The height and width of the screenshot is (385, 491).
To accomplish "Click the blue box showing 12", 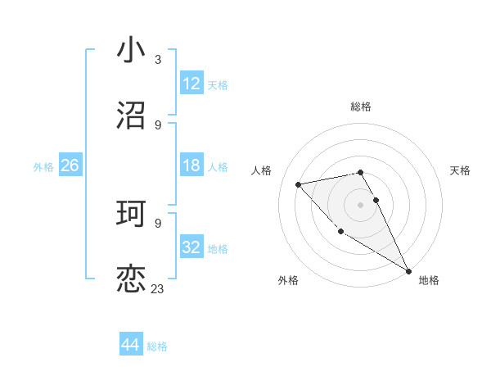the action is pos(191,84).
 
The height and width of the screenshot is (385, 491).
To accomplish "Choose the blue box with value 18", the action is pos(191,165).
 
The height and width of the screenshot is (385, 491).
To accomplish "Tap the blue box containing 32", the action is pos(191,247).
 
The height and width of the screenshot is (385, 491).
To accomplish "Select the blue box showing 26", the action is pos(70,165).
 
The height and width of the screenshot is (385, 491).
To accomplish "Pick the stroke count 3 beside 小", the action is pos(158,59).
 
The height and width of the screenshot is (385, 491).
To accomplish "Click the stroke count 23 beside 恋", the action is pos(158,288).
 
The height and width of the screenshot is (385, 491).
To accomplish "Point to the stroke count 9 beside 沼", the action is pos(158,125).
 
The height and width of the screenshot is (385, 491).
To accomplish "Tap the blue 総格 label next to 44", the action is pos(157,346).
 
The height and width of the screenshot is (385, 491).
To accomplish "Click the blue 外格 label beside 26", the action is pos(43,166).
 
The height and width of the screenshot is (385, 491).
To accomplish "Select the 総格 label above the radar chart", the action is pos(361,106).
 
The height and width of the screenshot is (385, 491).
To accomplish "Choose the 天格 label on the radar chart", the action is pos(461,170).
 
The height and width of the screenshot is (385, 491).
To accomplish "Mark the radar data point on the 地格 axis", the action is pos(408,270).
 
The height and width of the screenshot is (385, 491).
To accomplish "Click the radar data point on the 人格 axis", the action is pos(299,184).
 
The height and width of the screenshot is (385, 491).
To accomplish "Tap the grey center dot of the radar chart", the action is pos(361,205).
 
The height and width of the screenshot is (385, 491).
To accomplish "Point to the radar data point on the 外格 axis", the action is pos(340,231).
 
